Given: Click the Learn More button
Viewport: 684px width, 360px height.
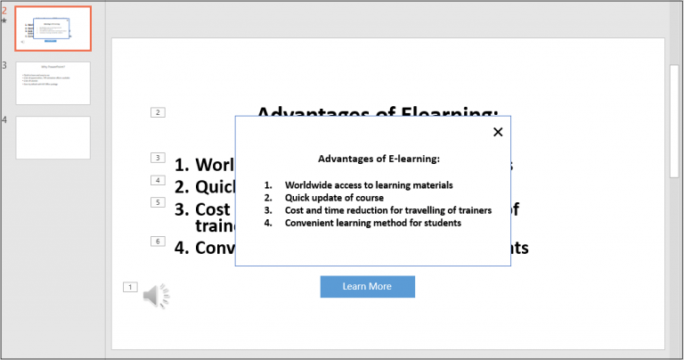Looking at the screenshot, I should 367,286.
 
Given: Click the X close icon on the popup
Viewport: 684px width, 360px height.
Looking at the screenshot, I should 498,132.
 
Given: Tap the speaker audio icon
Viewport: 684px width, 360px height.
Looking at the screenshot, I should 156,295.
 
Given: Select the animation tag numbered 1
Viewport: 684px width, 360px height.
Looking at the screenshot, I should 130,287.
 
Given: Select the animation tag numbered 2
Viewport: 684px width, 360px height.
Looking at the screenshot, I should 158,112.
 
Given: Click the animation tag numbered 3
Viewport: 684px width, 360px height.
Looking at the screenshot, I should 158,158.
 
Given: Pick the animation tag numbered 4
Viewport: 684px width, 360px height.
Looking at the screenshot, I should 158,180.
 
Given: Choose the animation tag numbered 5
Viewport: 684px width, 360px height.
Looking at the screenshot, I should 158,202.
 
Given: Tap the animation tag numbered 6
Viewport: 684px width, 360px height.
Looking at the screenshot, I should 158,241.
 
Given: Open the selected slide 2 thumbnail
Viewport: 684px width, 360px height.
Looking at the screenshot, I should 53,29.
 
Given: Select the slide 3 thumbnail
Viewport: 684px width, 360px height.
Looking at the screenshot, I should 53,83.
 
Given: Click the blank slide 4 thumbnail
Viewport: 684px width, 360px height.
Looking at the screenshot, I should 53,137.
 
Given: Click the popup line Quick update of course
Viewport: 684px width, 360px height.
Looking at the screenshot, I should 334,198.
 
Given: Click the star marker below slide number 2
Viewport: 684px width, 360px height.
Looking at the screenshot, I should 4,20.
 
